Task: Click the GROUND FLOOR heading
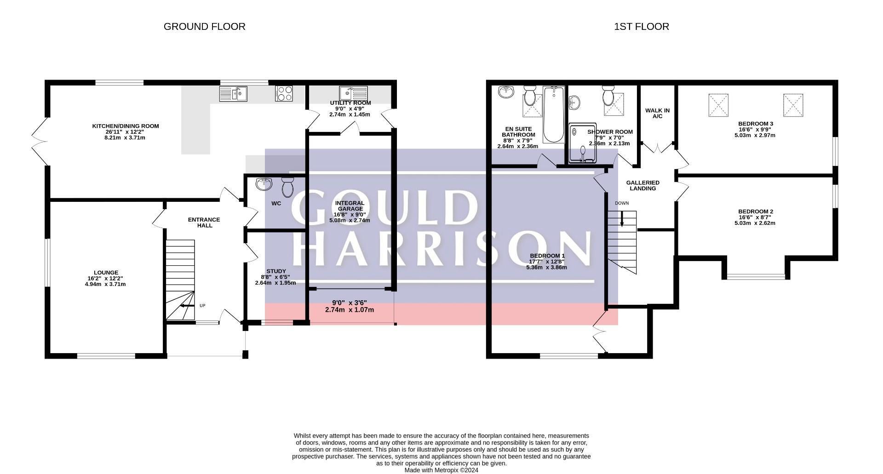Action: (204, 27)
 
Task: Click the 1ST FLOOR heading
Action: (641, 27)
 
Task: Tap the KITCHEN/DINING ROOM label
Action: (125, 126)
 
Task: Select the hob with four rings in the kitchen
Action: (284, 94)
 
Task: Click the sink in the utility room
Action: (353, 93)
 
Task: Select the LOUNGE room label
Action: (106, 273)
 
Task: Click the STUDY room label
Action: (276, 271)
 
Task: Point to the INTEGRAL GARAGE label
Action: (350, 206)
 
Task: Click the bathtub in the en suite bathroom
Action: (554, 114)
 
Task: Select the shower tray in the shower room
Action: (582, 143)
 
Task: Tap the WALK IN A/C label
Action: (657, 113)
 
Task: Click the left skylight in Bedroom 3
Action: (718, 105)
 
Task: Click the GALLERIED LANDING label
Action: (642, 185)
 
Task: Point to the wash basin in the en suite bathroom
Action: (507, 92)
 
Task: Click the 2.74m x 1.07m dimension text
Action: (349, 310)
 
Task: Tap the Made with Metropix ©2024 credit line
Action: (441, 470)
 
